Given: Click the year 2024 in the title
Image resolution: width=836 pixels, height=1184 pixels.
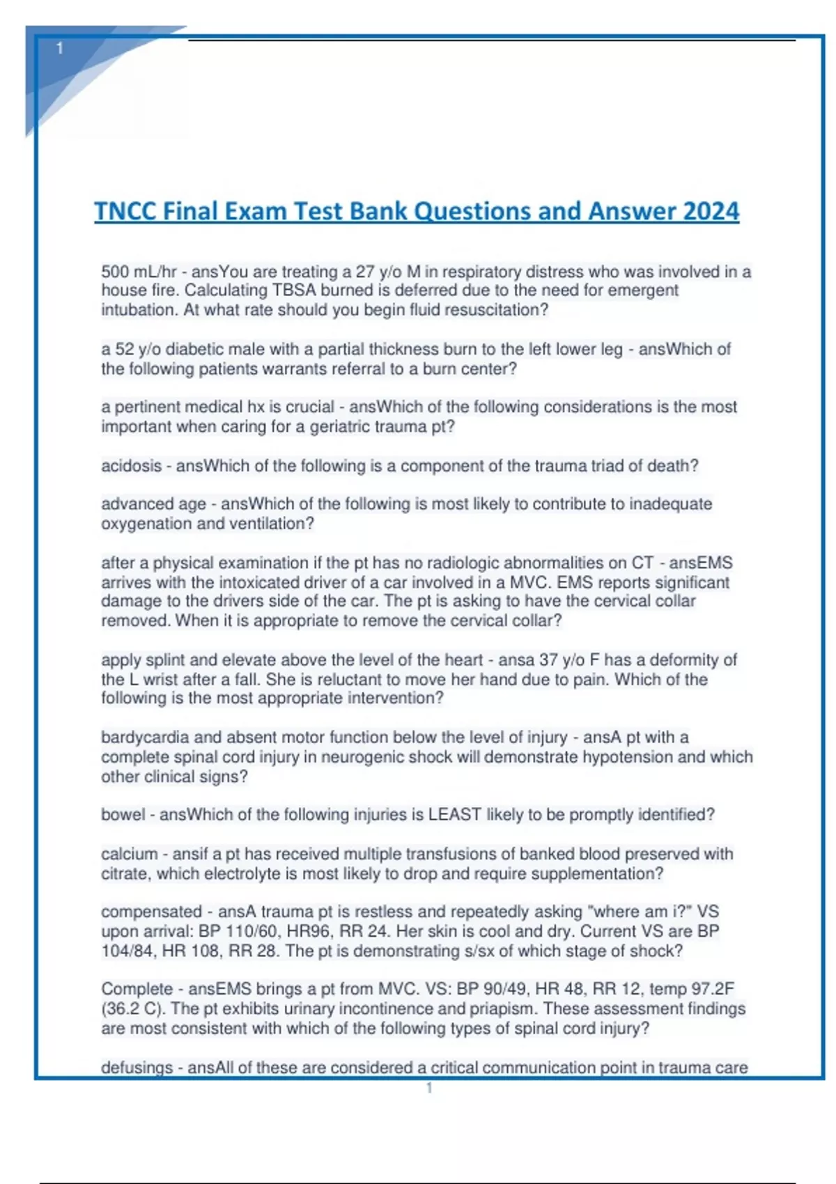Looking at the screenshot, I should click(711, 211).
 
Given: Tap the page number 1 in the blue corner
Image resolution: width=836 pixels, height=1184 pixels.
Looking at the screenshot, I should click(60, 48).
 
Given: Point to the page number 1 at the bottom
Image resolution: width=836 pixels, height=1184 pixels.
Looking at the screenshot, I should click(429, 1088).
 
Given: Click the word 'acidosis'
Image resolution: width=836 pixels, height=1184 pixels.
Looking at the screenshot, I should click(131, 466).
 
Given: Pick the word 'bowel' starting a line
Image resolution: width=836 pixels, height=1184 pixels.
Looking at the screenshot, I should click(123, 815).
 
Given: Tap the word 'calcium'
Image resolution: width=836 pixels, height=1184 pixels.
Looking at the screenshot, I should click(129, 854).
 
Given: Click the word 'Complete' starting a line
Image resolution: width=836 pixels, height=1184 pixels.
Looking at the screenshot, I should click(137, 989).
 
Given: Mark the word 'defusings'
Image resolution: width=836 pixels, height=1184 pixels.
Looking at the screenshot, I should click(137, 1068).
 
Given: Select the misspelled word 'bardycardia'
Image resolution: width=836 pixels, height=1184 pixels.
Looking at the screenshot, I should click(147, 737).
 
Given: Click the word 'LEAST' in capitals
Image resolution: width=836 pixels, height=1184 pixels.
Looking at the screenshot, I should click(454, 815).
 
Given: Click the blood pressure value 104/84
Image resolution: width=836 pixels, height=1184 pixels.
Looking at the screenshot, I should click(129, 951).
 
